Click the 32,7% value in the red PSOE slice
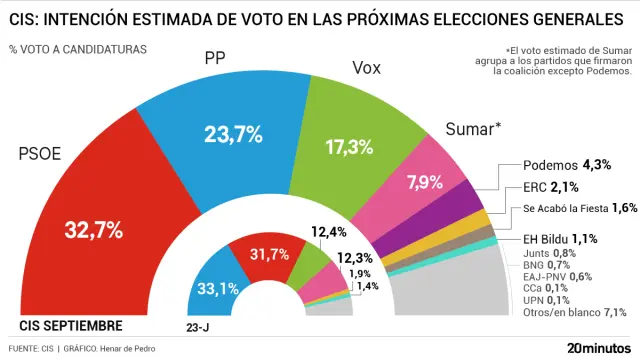click(x=93, y=230)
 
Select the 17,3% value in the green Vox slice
click(x=349, y=146)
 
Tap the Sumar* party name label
click(x=470, y=129)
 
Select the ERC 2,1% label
click(x=551, y=187)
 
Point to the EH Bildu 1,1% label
click(x=560, y=238)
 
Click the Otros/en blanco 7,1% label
click(x=575, y=313)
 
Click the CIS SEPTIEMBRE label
click(x=71, y=326)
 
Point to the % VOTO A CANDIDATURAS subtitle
click(x=77, y=49)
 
